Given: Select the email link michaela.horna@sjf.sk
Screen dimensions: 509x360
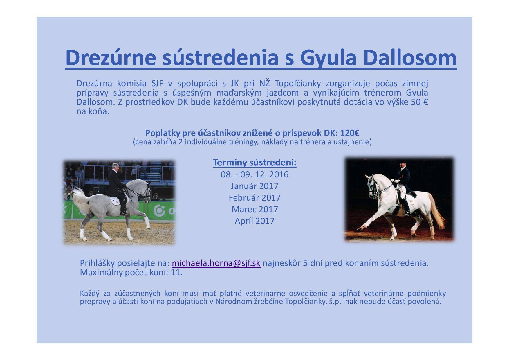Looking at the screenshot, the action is [x=216, y=263].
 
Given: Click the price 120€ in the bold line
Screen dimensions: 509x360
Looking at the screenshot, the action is [x=350, y=133].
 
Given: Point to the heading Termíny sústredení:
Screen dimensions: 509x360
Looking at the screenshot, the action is [x=255, y=163].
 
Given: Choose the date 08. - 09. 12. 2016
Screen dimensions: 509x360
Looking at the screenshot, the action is [x=255, y=174].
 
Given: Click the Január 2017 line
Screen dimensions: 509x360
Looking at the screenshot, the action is [x=255, y=186].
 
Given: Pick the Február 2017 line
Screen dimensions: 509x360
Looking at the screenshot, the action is [x=255, y=198].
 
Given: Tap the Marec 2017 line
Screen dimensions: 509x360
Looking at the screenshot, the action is [x=255, y=209].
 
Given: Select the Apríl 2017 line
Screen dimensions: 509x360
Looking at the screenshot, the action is [x=255, y=221].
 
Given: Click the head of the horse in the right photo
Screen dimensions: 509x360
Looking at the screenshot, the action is [x=371, y=186].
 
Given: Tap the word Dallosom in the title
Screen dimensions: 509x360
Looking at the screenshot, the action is [x=410, y=57].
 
